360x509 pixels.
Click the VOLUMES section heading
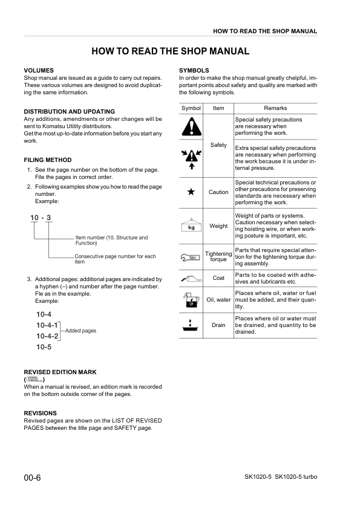click(39, 71)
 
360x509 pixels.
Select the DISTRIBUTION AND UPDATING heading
click(69, 112)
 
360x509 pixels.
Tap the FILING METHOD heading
click(47, 160)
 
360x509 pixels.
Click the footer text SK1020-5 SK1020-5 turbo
click(277, 478)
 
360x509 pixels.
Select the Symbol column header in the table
click(191, 108)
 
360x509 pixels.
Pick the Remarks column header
click(275, 108)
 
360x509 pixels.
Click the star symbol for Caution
click(191, 192)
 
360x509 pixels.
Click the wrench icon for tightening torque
click(191, 258)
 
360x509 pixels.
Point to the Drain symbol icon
click(191, 325)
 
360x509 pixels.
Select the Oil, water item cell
click(218, 299)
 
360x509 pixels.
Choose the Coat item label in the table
click(218, 279)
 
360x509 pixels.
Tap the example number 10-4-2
click(47, 336)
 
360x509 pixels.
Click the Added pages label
click(80, 331)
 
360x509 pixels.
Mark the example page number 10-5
click(44, 347)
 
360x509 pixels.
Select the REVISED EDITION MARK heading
click(60, 372)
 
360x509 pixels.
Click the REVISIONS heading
click(40, 413)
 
